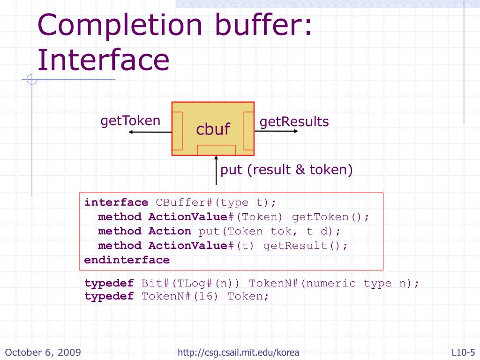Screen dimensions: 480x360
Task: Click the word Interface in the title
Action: coord(103,60)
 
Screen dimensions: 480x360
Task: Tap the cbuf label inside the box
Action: coord(213,129)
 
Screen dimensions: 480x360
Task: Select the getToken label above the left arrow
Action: coord(130,121)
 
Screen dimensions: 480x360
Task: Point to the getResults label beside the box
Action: coord(294,122)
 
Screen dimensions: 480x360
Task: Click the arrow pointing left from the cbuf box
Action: coord(150,132)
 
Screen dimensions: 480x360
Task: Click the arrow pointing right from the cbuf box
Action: coord(276,131)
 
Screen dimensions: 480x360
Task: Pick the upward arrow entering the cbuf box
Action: coord(216,176)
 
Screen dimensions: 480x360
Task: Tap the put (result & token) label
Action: coord(286,170)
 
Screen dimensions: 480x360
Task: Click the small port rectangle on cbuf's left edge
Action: coord(177,131)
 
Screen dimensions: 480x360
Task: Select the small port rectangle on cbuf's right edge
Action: coord(249,131)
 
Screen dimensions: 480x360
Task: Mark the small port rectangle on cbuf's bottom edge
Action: coord(216,150)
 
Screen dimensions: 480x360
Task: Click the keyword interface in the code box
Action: coord(116,202)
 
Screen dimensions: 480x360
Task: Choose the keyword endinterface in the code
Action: coord(127,260)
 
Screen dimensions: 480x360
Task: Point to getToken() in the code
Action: coord(330,217)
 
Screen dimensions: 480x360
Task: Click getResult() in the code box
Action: coord(306,246)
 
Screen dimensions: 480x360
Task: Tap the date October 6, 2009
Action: coord(43,352)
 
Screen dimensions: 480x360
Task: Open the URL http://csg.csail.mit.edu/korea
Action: coord(239,352)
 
